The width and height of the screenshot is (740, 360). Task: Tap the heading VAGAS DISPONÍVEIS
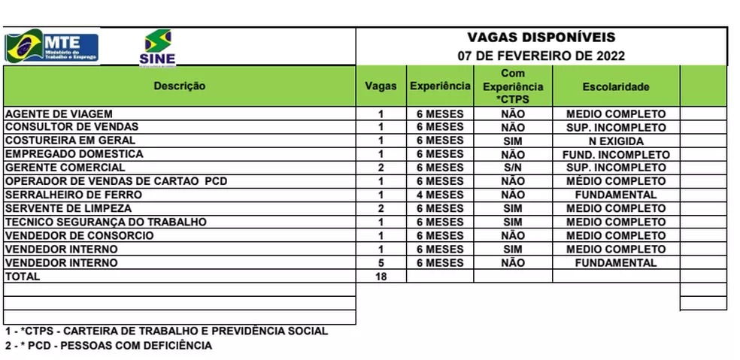click(541, 38)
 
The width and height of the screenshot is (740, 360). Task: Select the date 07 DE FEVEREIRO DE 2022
click(541, 56)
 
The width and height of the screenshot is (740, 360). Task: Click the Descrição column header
click(180, 86)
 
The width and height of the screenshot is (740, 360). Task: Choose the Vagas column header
click(381, 86)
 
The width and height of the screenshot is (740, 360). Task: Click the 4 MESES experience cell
click(440, 195)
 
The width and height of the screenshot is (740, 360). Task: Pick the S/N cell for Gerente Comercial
click(512, 168)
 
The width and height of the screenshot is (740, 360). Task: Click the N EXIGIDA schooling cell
click(616, 141)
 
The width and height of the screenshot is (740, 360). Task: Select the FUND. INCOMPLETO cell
click(616, 154)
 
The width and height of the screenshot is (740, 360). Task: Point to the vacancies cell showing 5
click(381, 263)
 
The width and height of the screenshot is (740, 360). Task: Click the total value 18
click(381, 277)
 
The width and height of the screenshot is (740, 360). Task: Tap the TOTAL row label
click(23, 277)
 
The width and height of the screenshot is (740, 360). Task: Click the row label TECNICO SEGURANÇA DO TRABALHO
click(105, 222)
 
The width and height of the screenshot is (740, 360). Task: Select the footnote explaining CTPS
click(166, 331)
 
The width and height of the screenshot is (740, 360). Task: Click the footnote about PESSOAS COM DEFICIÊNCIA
click(108, 346)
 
